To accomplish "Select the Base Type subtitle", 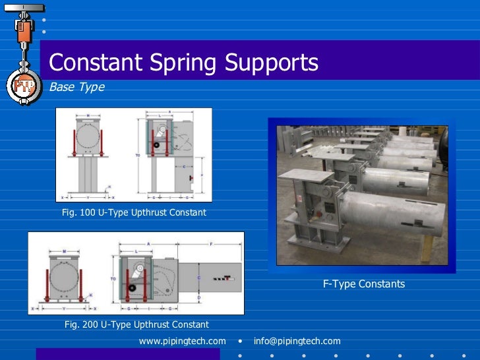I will point(76,87).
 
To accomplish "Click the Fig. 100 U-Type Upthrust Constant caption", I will point(134,212).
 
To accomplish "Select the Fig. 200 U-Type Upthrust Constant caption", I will point(136,324).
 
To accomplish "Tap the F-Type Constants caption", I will point(363,284).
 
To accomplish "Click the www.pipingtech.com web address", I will point(182,341).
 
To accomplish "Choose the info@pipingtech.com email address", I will point(297,341).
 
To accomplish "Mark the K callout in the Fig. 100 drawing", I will point(109,187).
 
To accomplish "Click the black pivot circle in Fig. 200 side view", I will point(133,288).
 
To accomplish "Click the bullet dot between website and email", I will point(241,342).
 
